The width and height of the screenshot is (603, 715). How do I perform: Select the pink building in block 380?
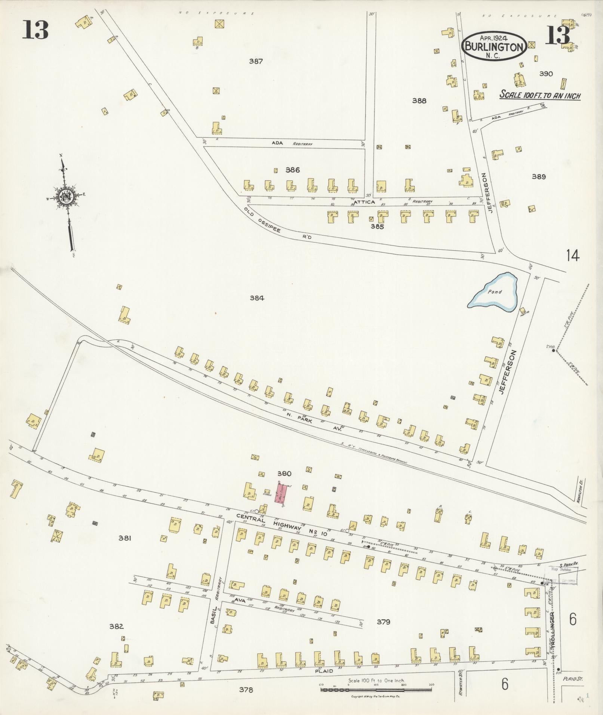click(281, 493)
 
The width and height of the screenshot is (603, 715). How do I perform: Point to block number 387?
click(256, 61)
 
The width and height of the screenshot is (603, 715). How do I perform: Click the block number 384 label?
click(257, 298)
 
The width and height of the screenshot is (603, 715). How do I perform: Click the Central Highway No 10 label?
click(281, 526)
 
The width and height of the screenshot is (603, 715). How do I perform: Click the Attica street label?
click(364, 202)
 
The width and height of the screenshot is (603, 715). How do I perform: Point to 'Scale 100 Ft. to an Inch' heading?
click(540, 95)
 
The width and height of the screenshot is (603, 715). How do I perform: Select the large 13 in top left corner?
click(35, 30)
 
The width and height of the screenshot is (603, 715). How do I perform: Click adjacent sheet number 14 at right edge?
click(572, 256)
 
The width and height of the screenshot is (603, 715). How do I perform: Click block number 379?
click(384, 622)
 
